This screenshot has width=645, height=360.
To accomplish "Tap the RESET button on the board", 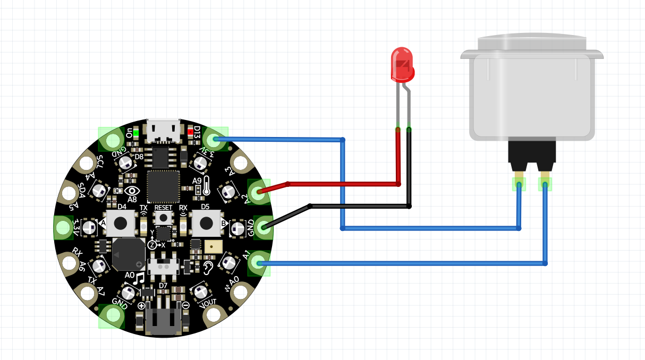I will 164,218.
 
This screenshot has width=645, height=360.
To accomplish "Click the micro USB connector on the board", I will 164,131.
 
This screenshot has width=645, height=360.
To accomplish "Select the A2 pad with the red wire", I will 259,192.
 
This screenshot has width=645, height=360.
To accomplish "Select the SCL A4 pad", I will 86,164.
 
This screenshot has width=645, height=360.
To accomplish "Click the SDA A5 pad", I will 69,192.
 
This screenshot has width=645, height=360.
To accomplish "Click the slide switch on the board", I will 164,266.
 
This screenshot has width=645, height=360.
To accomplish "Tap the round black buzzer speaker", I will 128,254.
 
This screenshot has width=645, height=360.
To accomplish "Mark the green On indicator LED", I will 136,132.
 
